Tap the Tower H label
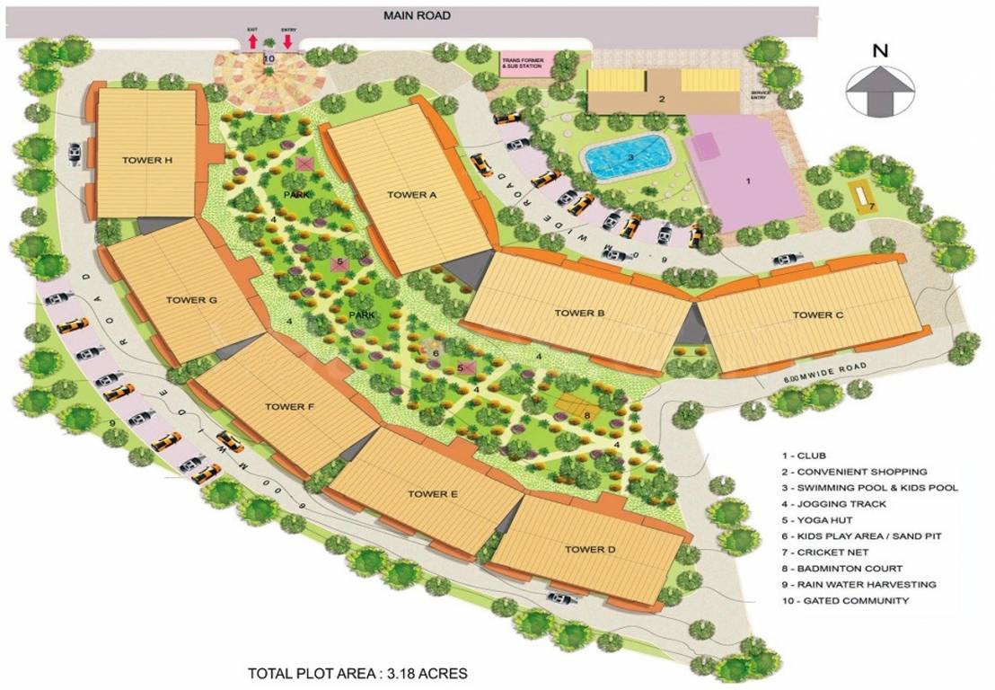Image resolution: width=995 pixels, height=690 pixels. tap(146, 161)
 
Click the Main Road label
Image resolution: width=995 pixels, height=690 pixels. tap(417, 15)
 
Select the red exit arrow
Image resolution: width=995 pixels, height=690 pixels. tap(252, 41)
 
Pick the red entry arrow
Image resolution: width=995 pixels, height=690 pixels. tap(288, 41)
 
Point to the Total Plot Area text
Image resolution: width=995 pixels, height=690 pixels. tap(357, 672)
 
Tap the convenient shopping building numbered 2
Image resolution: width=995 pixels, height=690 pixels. tap(662, 99)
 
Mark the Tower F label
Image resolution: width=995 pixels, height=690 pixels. tap(289, 407)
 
